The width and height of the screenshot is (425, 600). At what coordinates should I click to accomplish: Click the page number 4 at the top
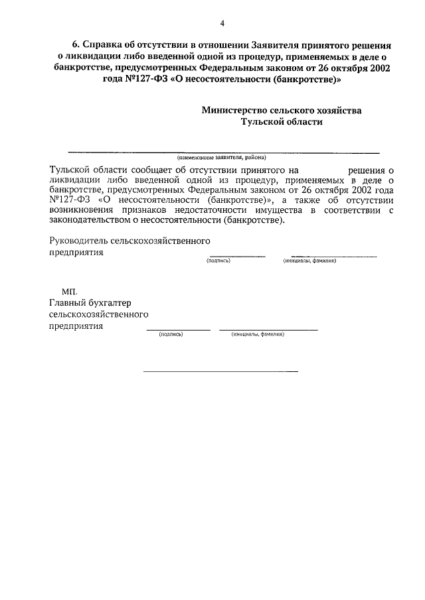(222, 23)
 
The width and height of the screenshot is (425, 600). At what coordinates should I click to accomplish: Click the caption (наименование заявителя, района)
(221, 158)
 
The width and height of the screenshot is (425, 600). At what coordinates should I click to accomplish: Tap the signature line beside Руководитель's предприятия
(237, 256)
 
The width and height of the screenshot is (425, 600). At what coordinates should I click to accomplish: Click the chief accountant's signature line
(177, 330)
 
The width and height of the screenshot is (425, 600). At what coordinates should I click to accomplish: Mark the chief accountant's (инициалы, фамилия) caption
(258, 335)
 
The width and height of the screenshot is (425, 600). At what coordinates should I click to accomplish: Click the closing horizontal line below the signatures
(221, 371)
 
